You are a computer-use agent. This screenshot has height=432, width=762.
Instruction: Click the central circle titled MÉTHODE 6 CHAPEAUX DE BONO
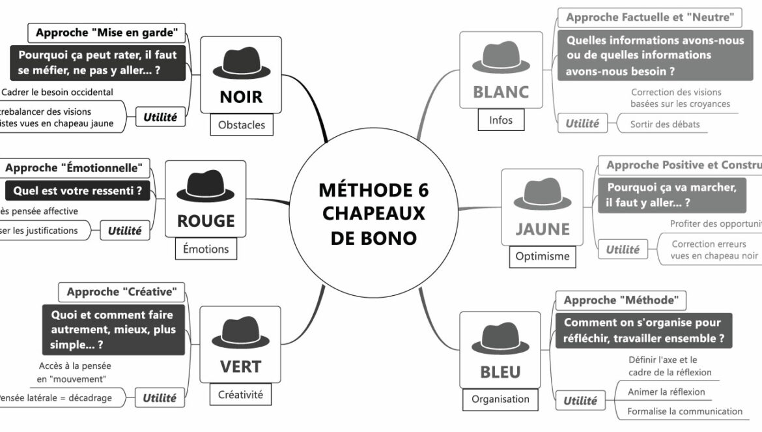(373, 214)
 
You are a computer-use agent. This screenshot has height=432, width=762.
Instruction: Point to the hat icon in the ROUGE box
(205, 186)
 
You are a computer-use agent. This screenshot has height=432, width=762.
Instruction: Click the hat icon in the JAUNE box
(542, 194)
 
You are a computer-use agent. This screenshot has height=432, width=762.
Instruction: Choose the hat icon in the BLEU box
(500, 338)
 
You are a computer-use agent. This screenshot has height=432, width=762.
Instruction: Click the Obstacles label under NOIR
(242, 124)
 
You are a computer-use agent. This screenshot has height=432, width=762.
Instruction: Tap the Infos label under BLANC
(501, 120)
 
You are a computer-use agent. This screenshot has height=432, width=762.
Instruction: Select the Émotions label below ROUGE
(206, 249)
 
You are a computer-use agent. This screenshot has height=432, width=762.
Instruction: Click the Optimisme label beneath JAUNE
(542, 257)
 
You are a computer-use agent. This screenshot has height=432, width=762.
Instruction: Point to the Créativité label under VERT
(240, 394)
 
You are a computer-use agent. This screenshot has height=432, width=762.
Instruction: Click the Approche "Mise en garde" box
(107, 33)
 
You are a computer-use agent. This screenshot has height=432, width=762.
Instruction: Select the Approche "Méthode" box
(621, 300)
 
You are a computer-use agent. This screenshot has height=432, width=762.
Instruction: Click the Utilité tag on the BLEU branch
(580, 401)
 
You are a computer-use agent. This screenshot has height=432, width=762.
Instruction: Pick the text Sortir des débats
(665, 124)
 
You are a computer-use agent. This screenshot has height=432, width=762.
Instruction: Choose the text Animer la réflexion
(666, 392)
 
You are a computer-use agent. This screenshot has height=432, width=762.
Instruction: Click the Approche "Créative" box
(121, 292)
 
